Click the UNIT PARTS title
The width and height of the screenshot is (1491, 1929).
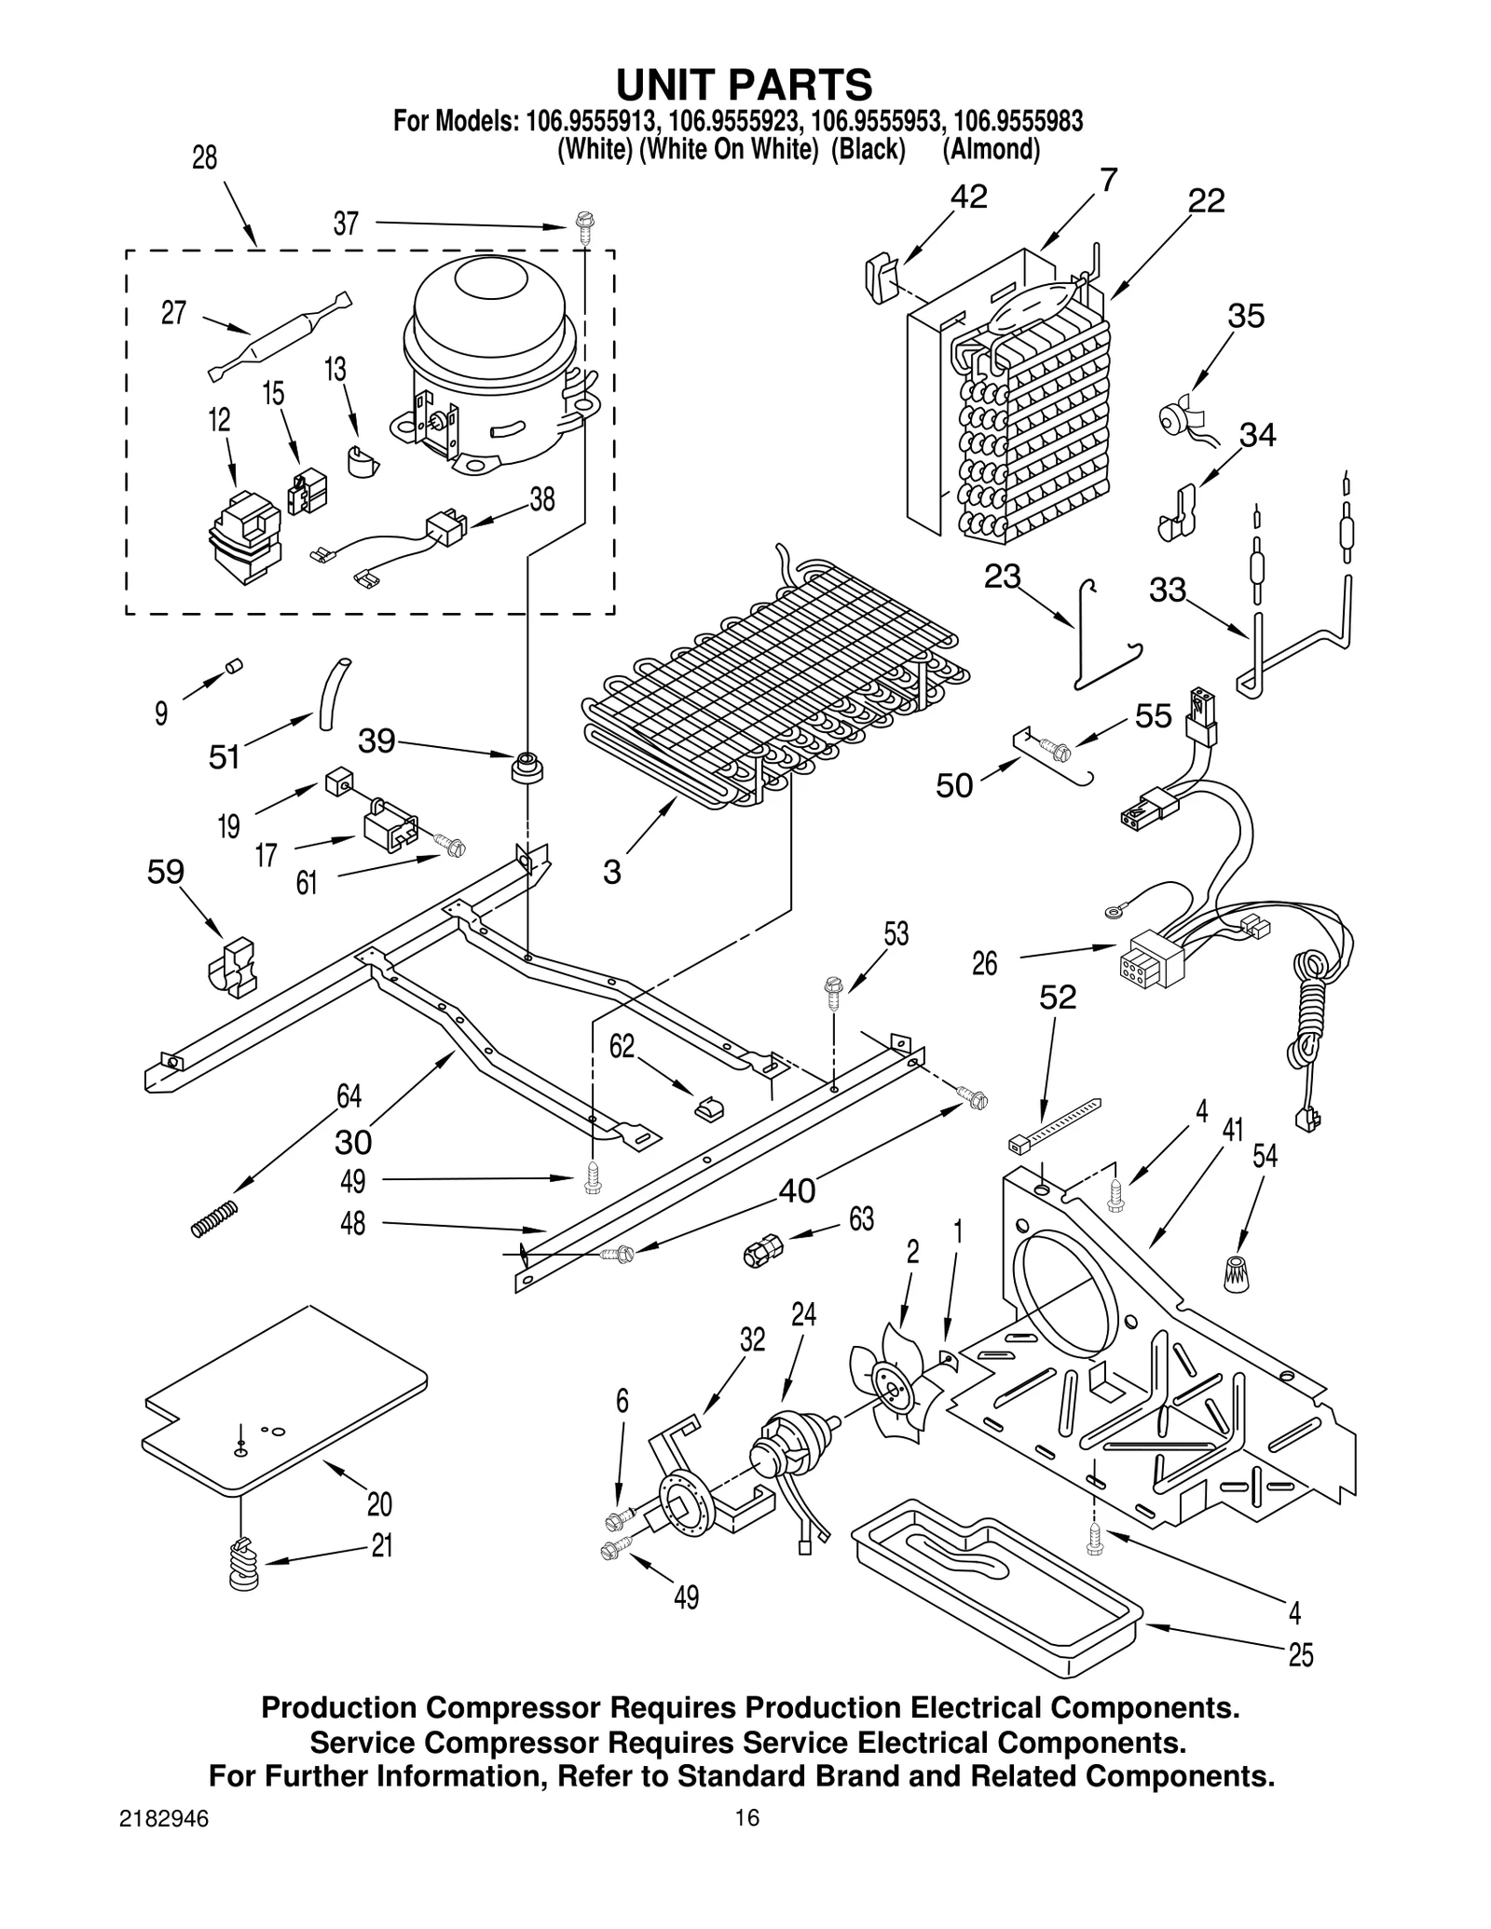pyautogui.click(x=744, y=85)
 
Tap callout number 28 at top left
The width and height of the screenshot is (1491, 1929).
pyautogui.click(x=204, y=158)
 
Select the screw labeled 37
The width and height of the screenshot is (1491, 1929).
pyautogui.click(x=583, y=228)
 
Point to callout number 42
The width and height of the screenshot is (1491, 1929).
pyautogui.click(x=968, y=197)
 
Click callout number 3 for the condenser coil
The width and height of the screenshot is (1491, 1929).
pyautogui.click(x=611, y=873)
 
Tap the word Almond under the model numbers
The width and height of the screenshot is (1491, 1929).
pyautogui.click(x=991, y=149)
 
